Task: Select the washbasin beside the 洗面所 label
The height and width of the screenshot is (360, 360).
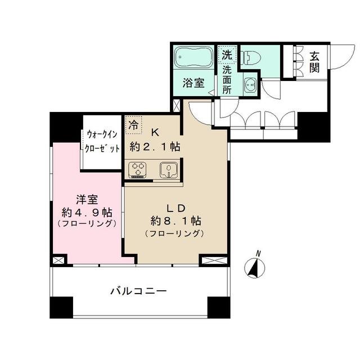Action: tap(250, 85)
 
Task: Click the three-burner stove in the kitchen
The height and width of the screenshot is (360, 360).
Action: tap(137, 170)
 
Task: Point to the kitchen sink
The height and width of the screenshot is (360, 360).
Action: tap(169, 170)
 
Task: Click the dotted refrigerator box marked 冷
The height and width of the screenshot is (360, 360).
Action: tap(134, 125)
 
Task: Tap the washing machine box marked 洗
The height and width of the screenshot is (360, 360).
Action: tap(227, 55)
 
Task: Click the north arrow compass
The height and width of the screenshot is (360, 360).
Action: tap(254, 266)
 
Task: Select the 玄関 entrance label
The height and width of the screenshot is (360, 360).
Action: tap(314, 62)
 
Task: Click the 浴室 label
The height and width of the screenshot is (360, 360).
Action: tap(193, 83)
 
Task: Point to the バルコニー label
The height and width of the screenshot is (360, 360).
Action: tap(139, 291)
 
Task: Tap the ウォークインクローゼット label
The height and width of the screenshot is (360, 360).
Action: tap(102, 141)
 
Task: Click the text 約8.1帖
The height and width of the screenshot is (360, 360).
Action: tap(175, 221)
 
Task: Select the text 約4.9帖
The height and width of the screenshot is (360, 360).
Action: tap(87, 213)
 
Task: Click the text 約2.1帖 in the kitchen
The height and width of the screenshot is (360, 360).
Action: tap(155, 147)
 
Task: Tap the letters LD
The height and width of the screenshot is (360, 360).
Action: tap(175, 209)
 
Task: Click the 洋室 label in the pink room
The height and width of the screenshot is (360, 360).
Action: tap(87, 200)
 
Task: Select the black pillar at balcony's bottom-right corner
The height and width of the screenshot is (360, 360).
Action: tap(219, 307)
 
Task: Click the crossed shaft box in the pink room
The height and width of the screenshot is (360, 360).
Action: tap(58, 260)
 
